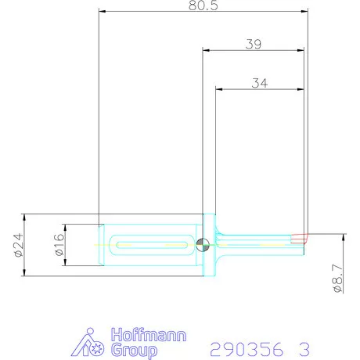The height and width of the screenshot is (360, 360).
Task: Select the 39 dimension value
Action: (252, 44)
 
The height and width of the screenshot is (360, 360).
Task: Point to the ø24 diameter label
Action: (16, 245)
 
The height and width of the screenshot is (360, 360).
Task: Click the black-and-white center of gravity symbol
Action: (203, 245)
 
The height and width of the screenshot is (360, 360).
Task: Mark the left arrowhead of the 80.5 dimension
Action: (103, 11)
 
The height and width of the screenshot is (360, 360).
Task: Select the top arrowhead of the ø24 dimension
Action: (26, 217)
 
